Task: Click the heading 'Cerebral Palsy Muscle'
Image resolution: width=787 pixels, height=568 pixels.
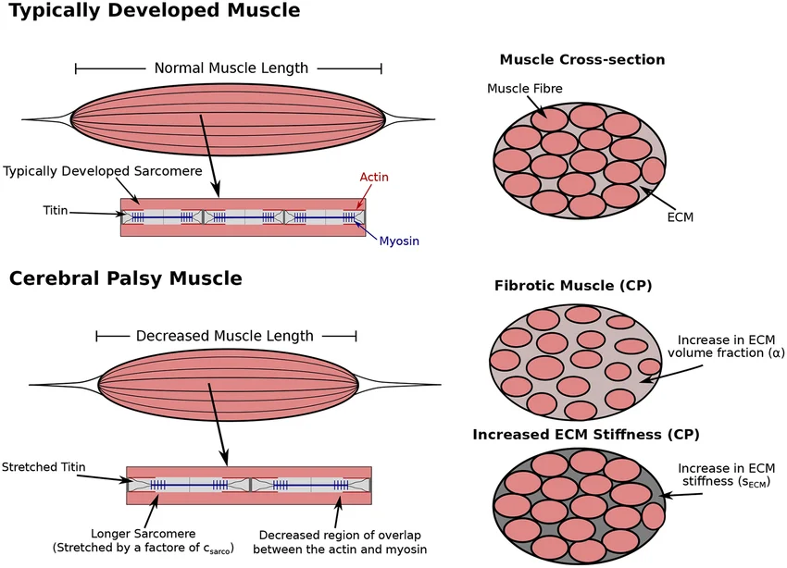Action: pos(126,278)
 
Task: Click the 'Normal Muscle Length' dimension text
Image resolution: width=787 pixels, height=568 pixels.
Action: pos(231,68)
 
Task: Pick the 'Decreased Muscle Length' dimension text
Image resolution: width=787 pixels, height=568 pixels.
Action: pos(225,337)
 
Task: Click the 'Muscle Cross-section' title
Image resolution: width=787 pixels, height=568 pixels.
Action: pos(582,60)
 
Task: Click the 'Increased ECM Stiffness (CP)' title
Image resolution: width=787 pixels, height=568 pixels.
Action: pos(586,434)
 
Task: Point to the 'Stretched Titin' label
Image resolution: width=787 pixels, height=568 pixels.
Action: pos(44,467)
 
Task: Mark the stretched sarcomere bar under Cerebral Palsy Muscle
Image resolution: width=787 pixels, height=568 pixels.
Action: pos(249,485)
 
